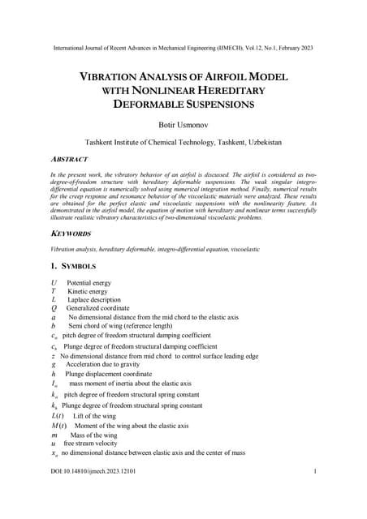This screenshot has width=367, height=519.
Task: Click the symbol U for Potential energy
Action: coord(54,282)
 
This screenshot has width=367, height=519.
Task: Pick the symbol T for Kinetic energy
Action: coord(53,290)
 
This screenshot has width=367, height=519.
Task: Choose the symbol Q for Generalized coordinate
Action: coord(54,308)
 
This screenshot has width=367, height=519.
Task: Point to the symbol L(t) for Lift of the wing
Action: coord(58,415)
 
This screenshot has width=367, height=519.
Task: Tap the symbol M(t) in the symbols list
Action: coord(60,426)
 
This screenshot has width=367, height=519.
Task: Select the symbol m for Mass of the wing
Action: coord(54,435)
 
